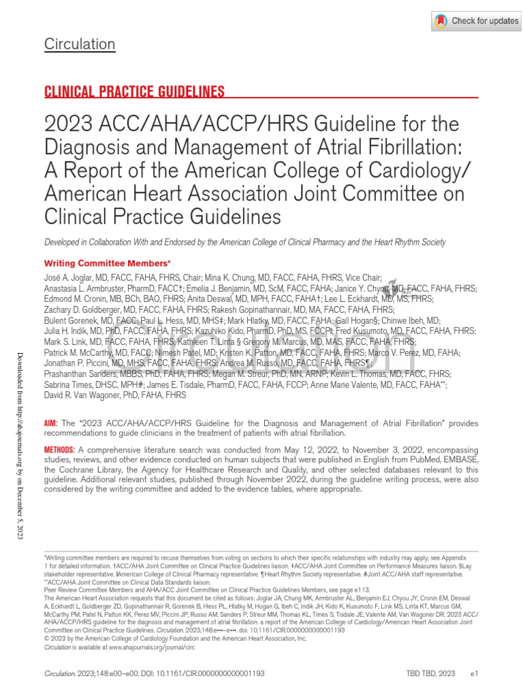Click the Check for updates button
click(x=476, y=21)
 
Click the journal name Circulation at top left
click(x=80, y=45)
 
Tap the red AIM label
click(x=51, y=423)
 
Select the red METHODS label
click(x=59, y=450)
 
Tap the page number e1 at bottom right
click(x=475, y=673)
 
